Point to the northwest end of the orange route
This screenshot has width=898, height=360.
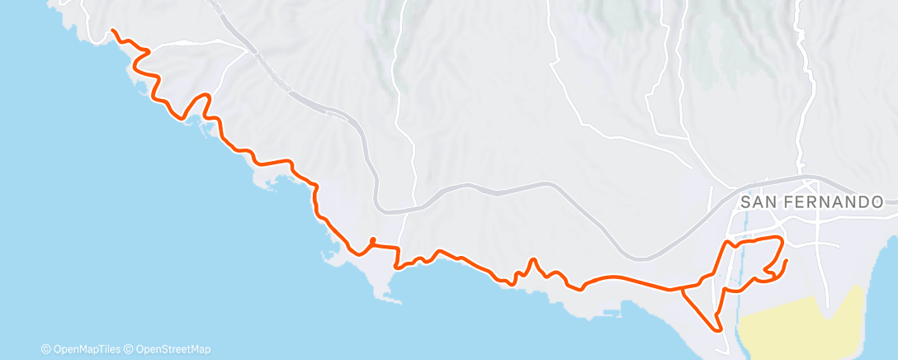(x=113, y=31)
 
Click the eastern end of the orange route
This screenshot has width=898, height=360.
(x=786, y=261)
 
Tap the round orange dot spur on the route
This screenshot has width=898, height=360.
(x=373, y=241)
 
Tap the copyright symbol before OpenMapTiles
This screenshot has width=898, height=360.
(x=46, y=348)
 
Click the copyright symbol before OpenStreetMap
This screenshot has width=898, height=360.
(x=129, y=348)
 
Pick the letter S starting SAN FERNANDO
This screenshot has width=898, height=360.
(x=746, y=201)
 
